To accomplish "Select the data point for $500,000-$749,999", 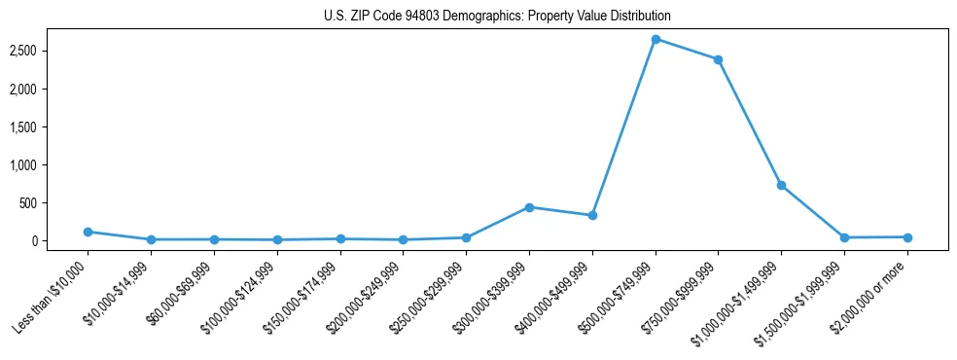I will click(x=656, y=39).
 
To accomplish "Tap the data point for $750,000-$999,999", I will click(x=718, y=59).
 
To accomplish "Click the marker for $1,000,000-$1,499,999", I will click(x=781, y=185).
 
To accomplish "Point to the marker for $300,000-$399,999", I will click(x=529, y=207).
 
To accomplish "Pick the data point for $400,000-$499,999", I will click(x=592, y=215).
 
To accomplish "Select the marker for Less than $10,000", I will click(x=88, y=232).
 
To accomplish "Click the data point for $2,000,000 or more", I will click(x=907, y=237).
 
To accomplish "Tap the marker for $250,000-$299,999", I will click(x=466, y=237).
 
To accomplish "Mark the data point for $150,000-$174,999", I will click(x=340, y=238).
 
